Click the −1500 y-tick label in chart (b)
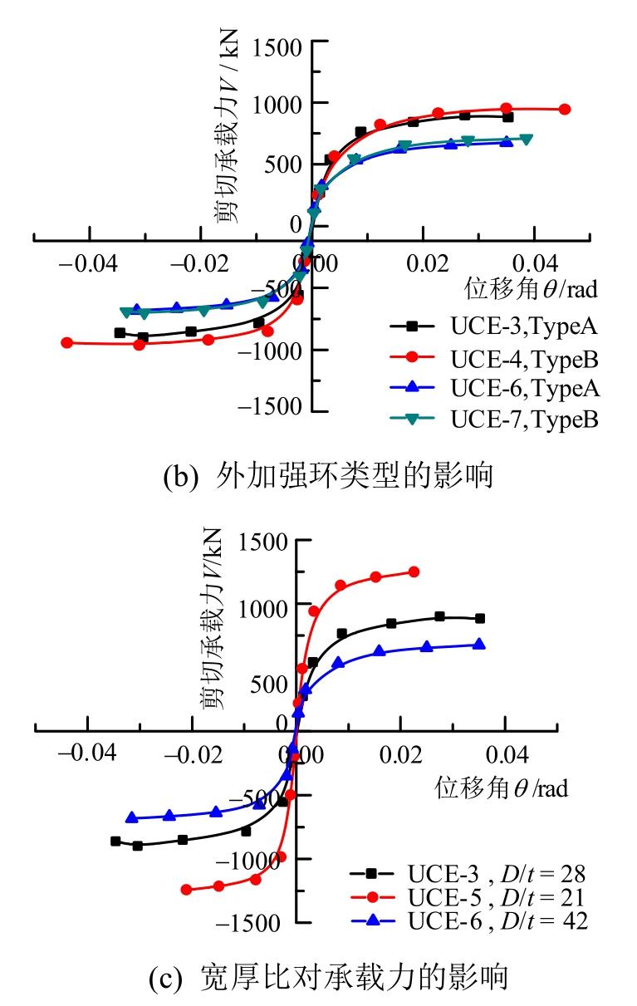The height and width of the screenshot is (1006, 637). pos(269,406)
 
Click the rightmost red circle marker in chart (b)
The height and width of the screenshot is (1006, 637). pos(565,109)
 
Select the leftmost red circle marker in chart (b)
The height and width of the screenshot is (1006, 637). pos(67,342)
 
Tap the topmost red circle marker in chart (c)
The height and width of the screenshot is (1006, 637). pos(414,572)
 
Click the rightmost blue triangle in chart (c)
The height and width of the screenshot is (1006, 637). pos(479,644)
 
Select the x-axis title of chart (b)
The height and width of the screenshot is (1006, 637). pos(532,290)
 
